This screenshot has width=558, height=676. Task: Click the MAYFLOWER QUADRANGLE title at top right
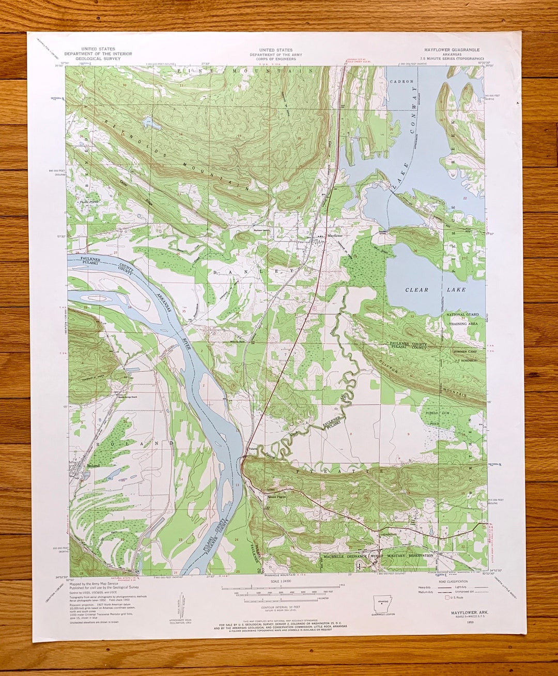click(x=452, y=50)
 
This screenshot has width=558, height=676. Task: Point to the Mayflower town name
click(x=335, y=235)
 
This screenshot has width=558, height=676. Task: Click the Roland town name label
click(x=93, y=465)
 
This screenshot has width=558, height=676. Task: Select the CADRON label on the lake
click(x=401, y=82)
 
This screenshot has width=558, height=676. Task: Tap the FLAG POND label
click(x=88, y=202)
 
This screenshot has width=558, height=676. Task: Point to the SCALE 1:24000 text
click(x=280, y=581)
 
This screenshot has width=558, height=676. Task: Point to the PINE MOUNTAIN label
click(x=245, y=70)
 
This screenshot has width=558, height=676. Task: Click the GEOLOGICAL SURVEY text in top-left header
click(x=98, y=58)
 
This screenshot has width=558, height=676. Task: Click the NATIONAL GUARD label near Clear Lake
click(x=462, y=315)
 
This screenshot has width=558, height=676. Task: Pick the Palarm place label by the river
click(x=252, y=449)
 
